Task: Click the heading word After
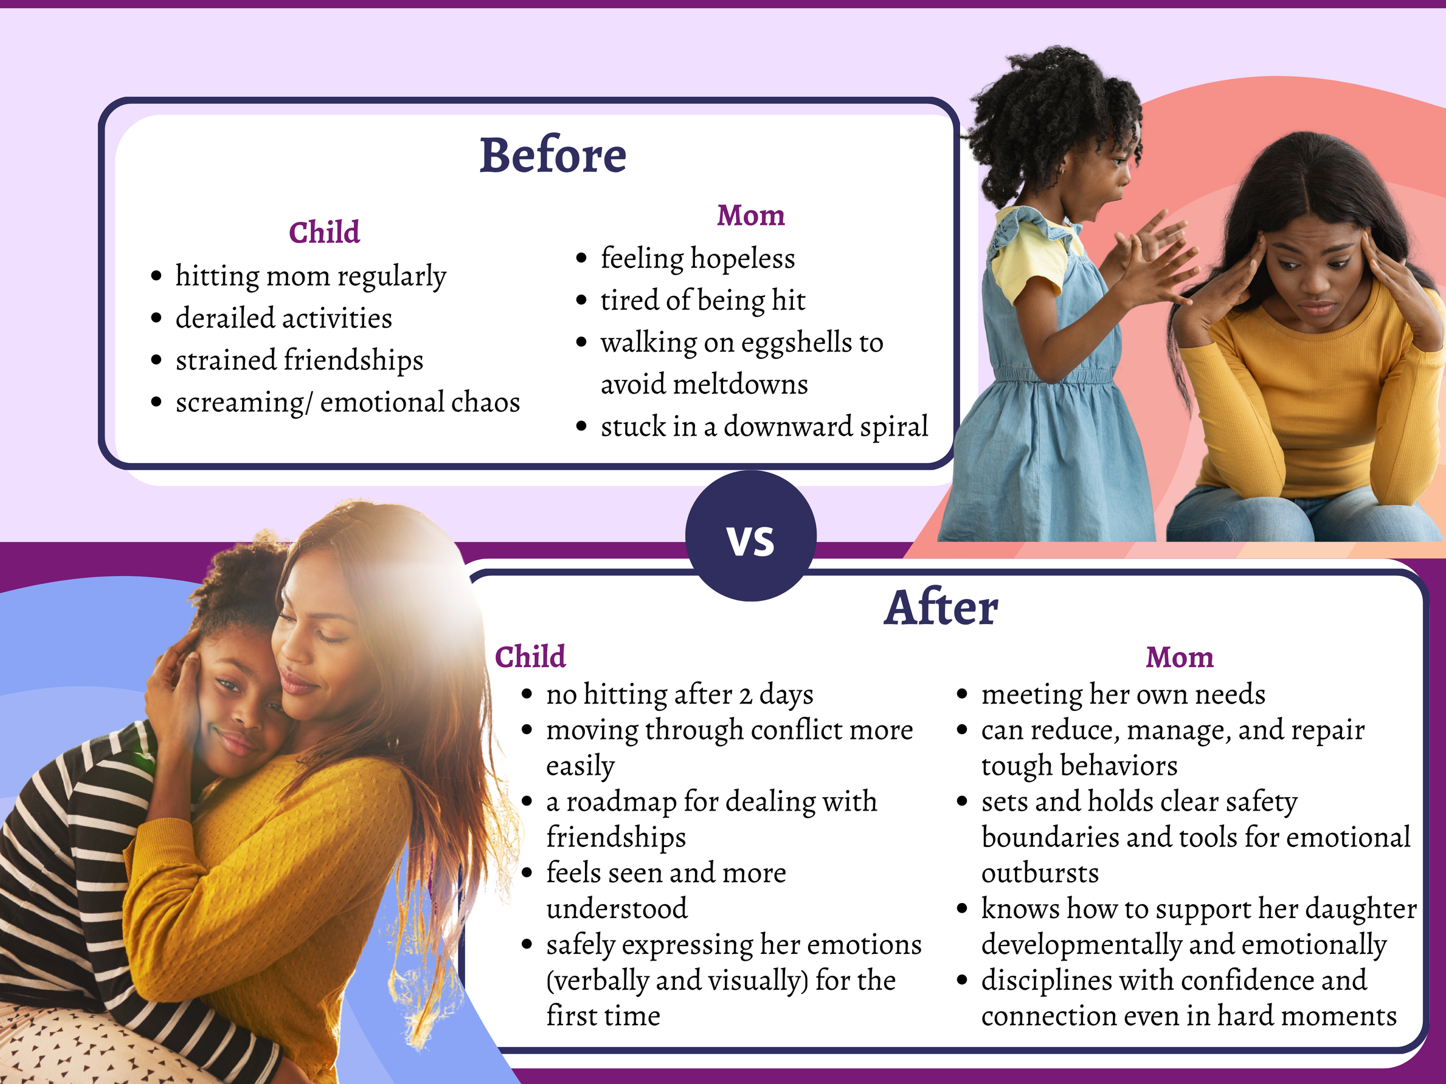941,608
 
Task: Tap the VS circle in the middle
750,537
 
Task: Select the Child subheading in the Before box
324,232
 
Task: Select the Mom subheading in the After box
1179,657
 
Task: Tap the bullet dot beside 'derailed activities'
156,318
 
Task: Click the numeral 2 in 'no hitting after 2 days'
745,695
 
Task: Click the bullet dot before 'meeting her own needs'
961,694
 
